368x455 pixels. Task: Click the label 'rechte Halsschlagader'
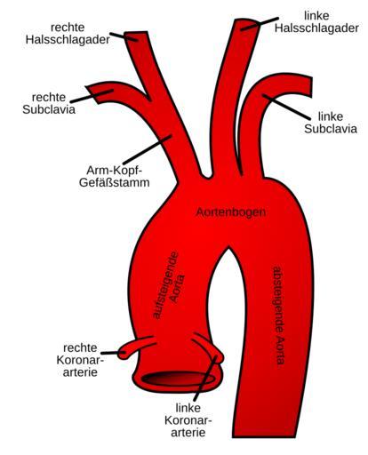[x=68, y=34]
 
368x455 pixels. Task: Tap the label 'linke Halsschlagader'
[x=316, y=22]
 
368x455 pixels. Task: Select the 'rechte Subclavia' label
[x=49, y=103]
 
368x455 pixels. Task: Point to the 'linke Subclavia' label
[x=331, y=123]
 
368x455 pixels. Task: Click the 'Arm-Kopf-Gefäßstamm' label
[x=115, y=176]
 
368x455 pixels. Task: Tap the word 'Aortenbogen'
[x=231, y=212]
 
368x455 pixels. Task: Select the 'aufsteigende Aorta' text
[x=169, y=285]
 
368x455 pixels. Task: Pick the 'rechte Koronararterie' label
[x=80, y=360]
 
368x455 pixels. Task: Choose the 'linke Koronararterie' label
[x=188, y=419]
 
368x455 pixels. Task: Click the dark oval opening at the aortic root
[x=179, y=379]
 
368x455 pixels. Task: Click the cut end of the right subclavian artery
[x=92, y=94]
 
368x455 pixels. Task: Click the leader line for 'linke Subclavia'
[x=286, y=108]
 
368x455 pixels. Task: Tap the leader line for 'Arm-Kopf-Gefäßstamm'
[x=148, y=150]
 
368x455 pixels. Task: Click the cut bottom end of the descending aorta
[x=264, y=437]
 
